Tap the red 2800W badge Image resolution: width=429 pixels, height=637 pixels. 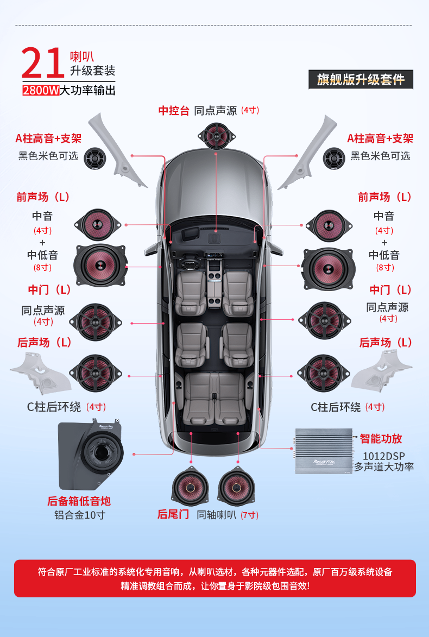point(41,90)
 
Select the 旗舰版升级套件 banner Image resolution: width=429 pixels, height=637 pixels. point(361,80)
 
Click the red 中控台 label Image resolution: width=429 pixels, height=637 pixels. point(174,111)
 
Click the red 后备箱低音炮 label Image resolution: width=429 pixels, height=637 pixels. point(79,501)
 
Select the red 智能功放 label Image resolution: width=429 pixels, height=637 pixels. point(381,439)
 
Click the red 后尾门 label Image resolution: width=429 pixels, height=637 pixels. point(173,514)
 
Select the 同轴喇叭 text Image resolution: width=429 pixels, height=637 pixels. point(216,515)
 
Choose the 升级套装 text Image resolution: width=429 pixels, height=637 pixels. point(92,71)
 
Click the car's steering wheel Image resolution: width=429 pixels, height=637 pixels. point(190,264)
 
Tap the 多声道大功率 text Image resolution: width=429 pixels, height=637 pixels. point(384,466)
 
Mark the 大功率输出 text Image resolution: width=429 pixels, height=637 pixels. point(88,90)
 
